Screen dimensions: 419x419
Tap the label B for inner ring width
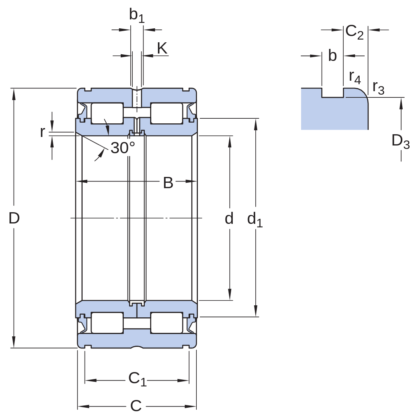click(x=168, y=183)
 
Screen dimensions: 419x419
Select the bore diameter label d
click(x=229, y=218)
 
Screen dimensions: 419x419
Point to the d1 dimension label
click(x=255, y=220)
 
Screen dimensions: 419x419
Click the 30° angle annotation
click(x=123, y=147)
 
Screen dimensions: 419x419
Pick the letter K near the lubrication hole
click(x=162, y=48)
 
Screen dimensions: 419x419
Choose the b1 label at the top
click(x=137, y=16)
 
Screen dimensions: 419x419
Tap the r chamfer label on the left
click(x=43, y=132)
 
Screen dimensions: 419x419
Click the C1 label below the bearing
click(x=137, y=379)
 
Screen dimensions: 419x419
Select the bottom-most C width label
click(x=136, y=406)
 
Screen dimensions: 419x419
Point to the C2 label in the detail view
click(x=354, y=32)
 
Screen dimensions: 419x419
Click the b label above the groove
click(x=332, y=55)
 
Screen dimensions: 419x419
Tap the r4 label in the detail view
click(x=355, y=77)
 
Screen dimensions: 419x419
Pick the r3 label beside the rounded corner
click(x=378, y=88)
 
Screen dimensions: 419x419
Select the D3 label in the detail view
click(x=400, y=141)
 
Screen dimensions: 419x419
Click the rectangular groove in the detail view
click(x=332, y=93)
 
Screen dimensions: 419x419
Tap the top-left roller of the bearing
click(x=107, y=114)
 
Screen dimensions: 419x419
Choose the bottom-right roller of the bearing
click(x=167, y=323)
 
